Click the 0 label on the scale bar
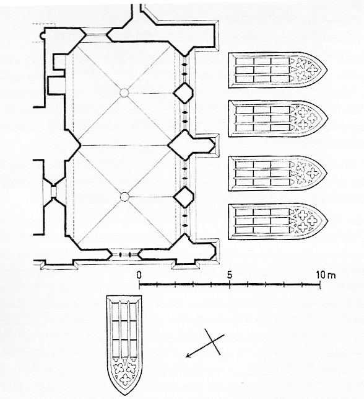pyautogui.click(x=139, y=275)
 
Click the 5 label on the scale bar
pyautogui.click(x=230, y=275)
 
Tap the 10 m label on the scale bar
pyautogui.click(x=326, y=275)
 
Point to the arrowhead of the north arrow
pyautogui.click(x=188, y=355)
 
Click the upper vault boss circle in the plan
pyautogui.click(x=124, y=93)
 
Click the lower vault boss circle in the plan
pyautogui.click(x=124, y=197)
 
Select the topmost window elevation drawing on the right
pyautogui.click(x=277, y=70)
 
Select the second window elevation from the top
pyautogui.click(x=277, y=119)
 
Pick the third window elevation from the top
pyautogui.click(x=277, y=173)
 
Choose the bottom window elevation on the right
pyautogui.click(x=277, y=221)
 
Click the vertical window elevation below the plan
pyautogui.click(x=124, y=345)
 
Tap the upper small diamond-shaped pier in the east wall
pyautogui.click(x=183, y=93)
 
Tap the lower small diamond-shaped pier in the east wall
pyautogui.click(x=183, y=197)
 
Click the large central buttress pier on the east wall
pyautogui.click(x=191, y=145)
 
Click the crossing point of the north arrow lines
pyautogui.click(x=213, y=341)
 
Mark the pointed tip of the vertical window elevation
pyautogui.click(x=124, y=395)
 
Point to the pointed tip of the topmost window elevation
pyautogui.click(x=327, y=70)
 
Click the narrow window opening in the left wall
pyautogui.click(x=53, y=191)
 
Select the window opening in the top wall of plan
pyautogui.click(x=96, y=35)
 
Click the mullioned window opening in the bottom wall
pyautogui.click(x=125, y=254)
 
